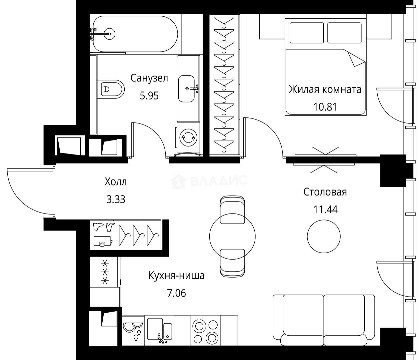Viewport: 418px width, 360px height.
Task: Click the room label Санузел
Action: pyautogui.click(x=149, y=78)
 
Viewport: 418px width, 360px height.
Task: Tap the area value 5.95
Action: pyautogui.click(x=149, y=96)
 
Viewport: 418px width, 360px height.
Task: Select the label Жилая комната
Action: pyautogui.click(x=325, y=89)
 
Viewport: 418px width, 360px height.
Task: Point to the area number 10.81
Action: pyautogui.click(x=325, y=107)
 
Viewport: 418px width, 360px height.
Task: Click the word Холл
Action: pyautogui.click(x=116, y=182)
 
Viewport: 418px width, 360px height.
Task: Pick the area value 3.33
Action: pyautogui.click(x=116, y=200)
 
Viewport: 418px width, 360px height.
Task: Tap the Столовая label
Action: pyautogui.click(x=325, y=192)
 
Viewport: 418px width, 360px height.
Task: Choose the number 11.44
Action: pyautogui.click(x=325, y=210)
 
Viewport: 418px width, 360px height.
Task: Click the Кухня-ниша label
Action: pyautogui.click(x=176, y=276)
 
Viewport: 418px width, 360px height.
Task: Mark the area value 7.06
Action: pyautogui.click(x=176, y=293)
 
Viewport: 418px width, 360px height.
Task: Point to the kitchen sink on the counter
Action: pyautogui.click(x=159, y=330)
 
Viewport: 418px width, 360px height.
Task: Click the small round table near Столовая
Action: pyautogui.click(x=324, y=236)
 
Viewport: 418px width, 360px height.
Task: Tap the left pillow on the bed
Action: pyautogui.click(x=307, y=33)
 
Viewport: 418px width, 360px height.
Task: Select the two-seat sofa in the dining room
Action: pyautogui.click(x=324, y=320)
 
